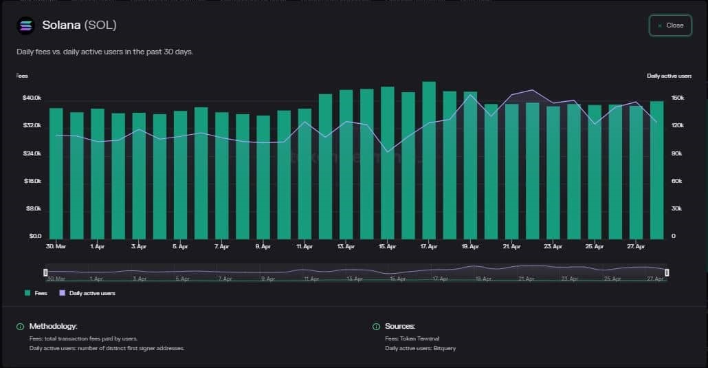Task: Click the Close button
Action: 670,25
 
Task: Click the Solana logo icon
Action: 25,25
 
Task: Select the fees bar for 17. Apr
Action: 429,160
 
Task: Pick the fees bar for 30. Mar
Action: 56,173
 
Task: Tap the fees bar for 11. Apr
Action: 305,173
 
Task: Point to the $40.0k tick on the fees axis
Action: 32,98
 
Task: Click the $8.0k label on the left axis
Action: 33,208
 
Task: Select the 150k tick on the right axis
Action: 677,98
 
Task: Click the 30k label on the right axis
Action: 676,208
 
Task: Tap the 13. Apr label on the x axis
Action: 346,246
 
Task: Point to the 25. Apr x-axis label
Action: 595,246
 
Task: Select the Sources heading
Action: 400,326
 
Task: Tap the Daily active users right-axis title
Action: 669,76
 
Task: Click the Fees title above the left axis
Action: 22,76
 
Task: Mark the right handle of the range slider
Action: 667,273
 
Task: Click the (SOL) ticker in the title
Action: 100,25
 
